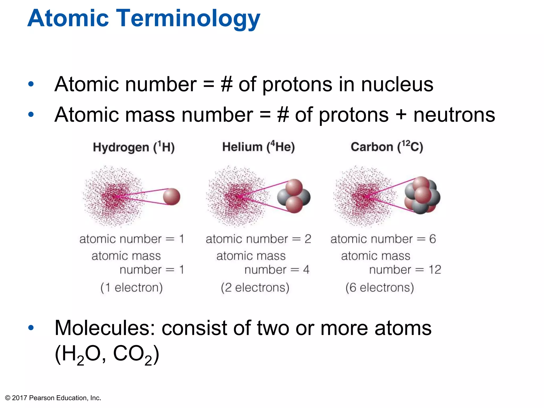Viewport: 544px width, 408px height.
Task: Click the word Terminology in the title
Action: [189, 19]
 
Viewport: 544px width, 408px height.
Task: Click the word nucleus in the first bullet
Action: [397, 84]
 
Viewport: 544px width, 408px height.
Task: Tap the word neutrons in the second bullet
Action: [454, 115]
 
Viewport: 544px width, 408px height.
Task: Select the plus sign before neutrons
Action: [401, 115]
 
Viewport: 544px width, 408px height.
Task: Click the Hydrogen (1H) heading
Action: [134, 147]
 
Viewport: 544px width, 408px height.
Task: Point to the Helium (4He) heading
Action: [258, 147]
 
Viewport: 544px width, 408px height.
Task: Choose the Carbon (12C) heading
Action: [387, 147]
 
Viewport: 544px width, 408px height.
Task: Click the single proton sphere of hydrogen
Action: [172, 197]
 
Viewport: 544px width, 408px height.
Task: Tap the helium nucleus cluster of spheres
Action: [294, 196]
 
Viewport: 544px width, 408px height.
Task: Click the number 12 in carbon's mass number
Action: [435, 270]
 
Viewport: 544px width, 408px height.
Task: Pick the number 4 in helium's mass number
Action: [306, 270]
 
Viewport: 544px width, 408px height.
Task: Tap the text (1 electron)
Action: [131, 288]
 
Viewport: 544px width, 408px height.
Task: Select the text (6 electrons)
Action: [380, 288]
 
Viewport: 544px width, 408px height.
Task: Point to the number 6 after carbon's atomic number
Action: [432, 239]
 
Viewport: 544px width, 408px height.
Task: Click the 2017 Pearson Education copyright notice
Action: [53, 398]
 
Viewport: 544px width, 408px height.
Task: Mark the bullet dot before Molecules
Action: [31, 328]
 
